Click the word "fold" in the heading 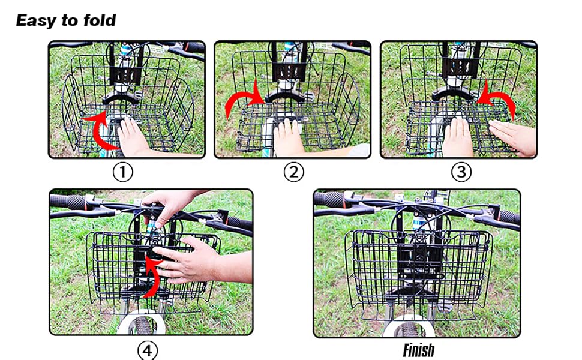[100, 20]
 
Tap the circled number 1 [123, 172]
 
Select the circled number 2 [293, 172]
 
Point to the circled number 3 [461, 172]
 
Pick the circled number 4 [148, 350]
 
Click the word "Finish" [419, 350]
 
